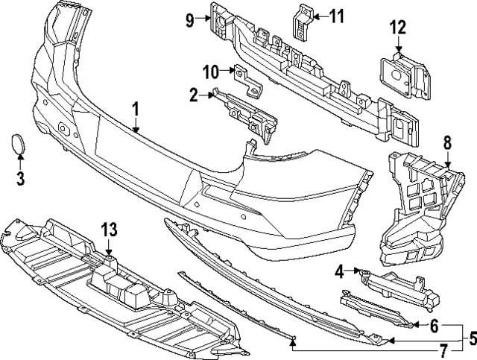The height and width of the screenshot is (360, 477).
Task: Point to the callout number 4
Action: coord(339,271)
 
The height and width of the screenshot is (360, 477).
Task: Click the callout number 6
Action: coord(435,324)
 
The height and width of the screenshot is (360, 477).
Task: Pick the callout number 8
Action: coord(447,141)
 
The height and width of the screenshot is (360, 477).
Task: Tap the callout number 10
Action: coord(210,72)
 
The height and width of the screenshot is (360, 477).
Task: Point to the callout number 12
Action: coord(397,29)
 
